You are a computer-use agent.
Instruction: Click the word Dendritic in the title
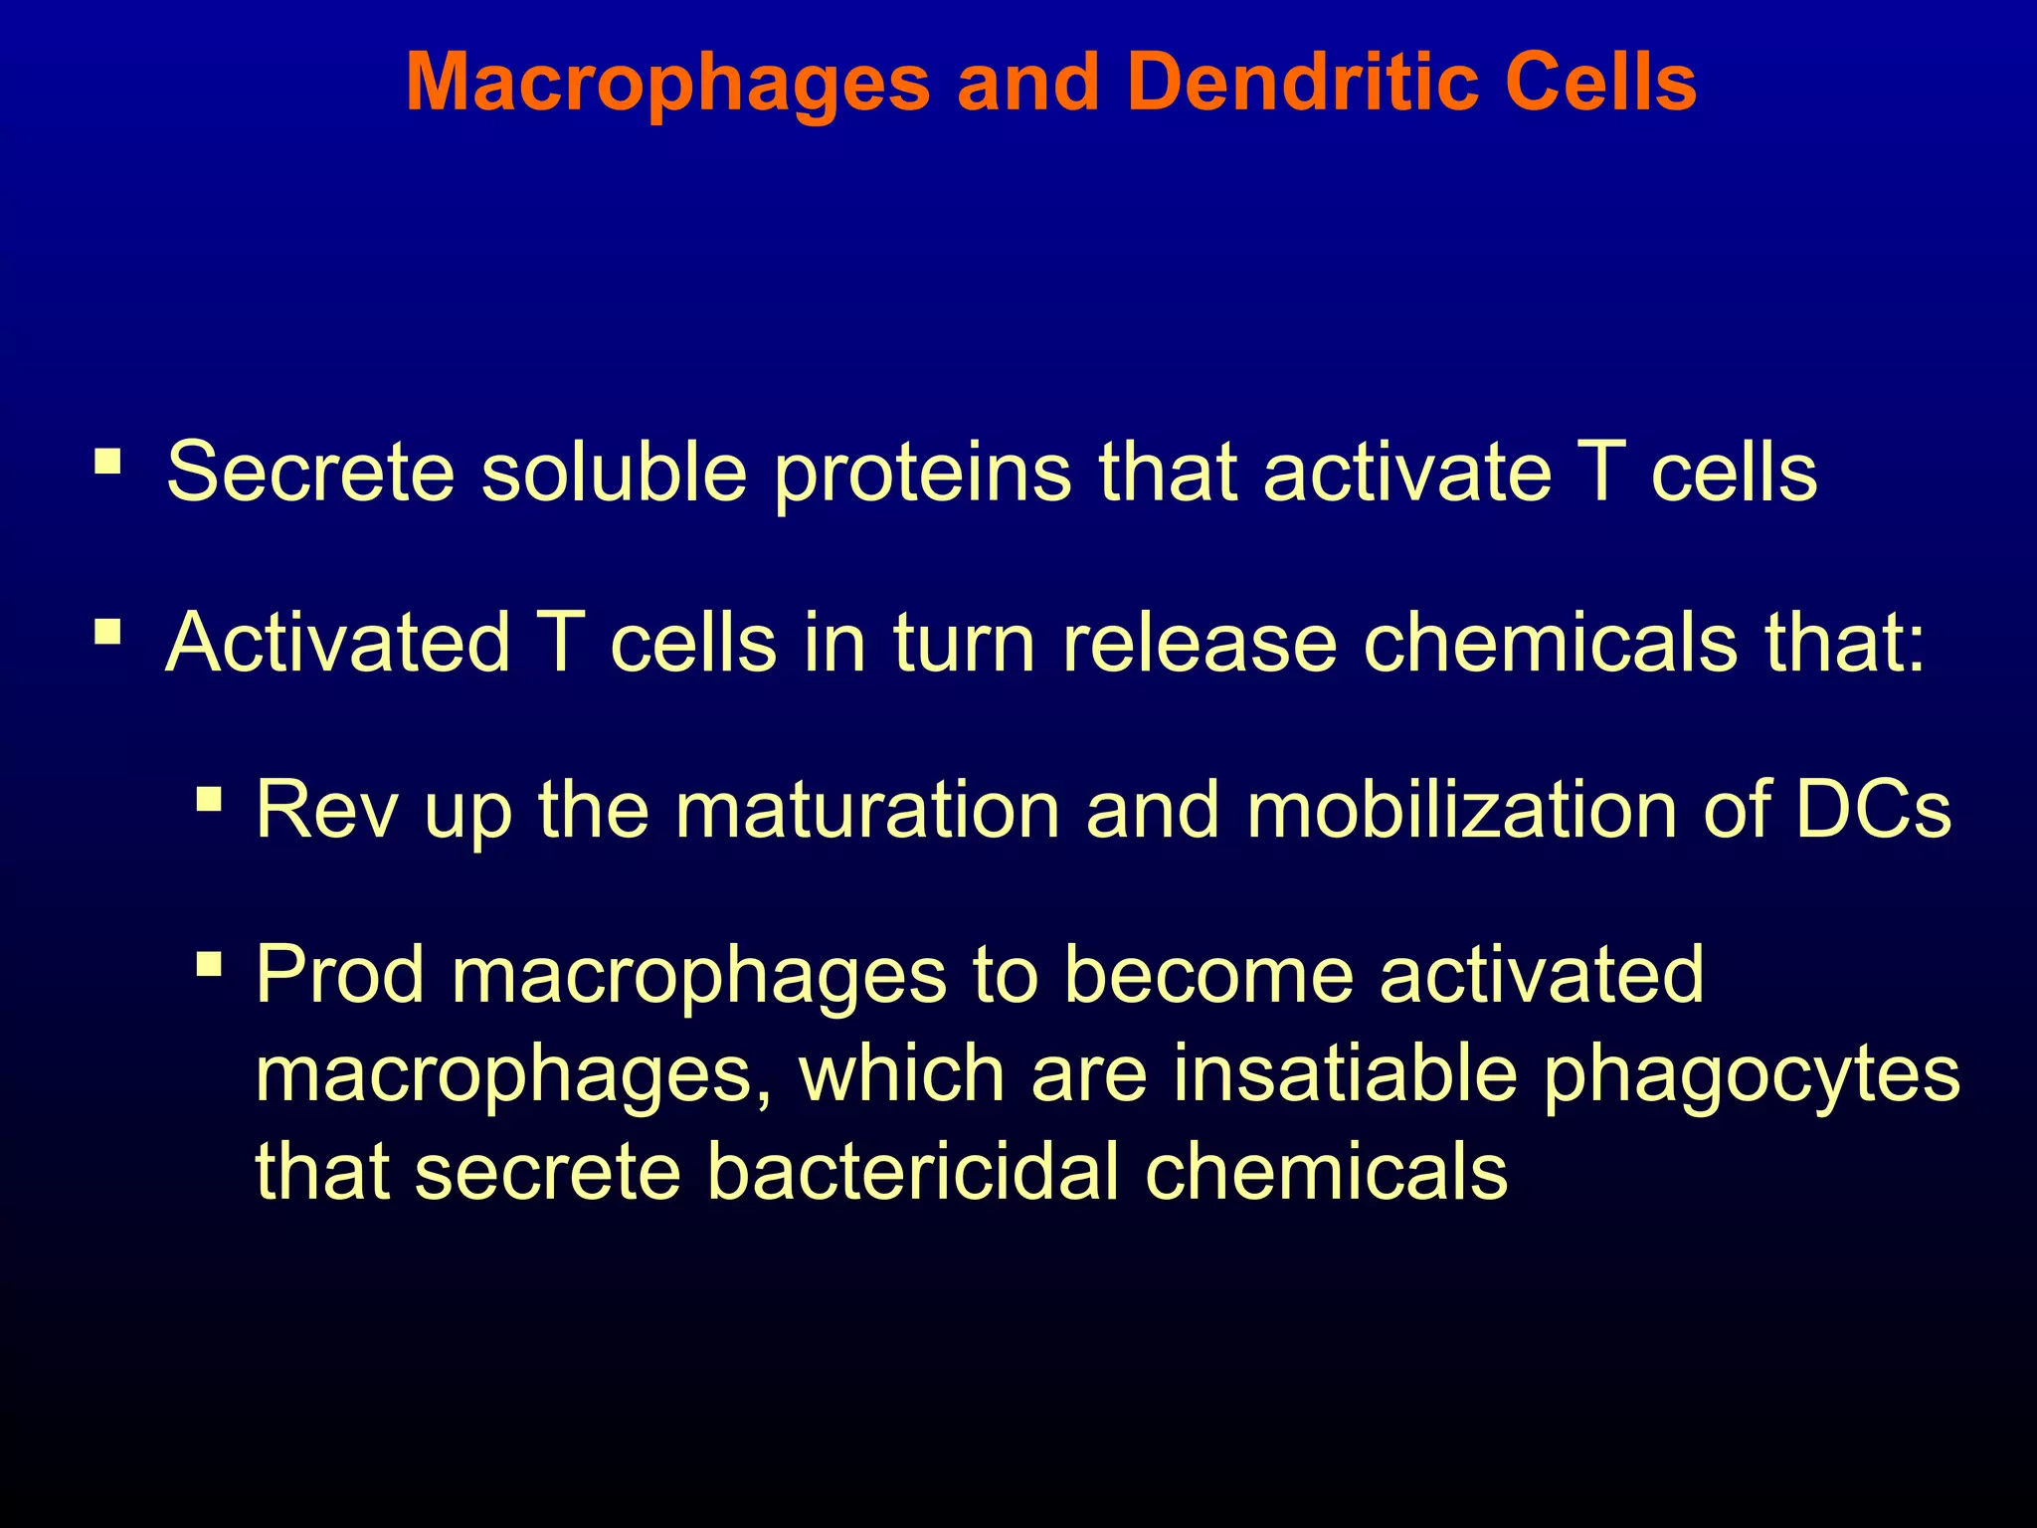tap(1303, 82)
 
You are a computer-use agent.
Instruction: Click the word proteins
tap(922, 474)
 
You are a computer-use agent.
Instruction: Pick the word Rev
tap(326, 810)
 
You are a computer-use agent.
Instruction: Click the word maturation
tap(866, 810)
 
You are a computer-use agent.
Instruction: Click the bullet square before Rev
tap(209, 799)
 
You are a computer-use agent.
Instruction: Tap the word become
tap(1208, 975)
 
